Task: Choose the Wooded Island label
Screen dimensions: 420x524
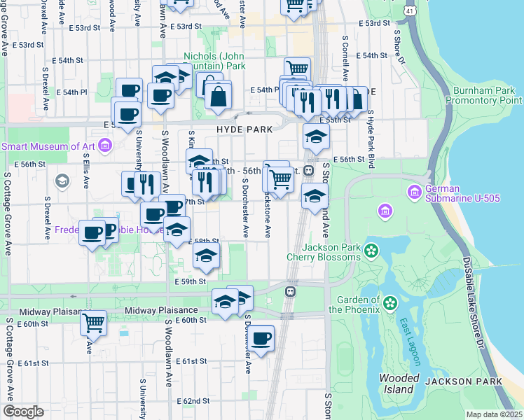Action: tap(399, 383)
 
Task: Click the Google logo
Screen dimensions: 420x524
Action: tap(23, 412)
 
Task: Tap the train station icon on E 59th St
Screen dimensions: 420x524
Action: tap(289, 290)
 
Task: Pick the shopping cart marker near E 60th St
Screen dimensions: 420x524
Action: tap(93, 323)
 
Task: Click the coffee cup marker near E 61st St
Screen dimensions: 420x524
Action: tap(261, 339)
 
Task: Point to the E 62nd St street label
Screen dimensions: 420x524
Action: tap(193, 401)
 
